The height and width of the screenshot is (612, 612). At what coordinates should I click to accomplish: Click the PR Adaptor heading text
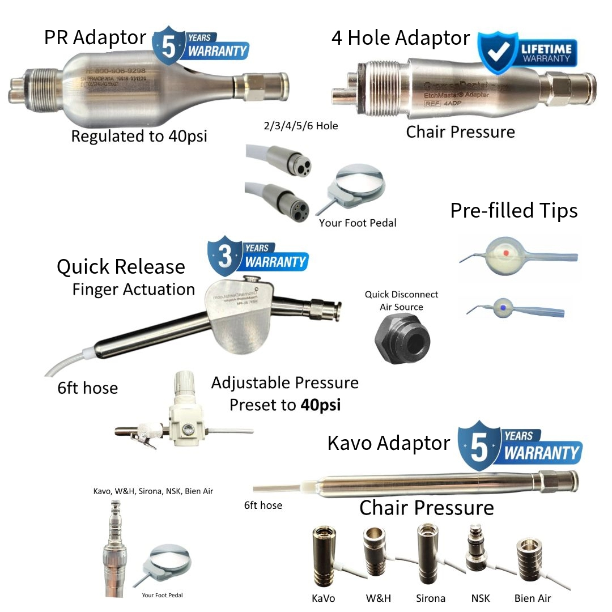95,38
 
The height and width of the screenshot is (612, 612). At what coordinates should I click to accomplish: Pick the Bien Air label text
532,598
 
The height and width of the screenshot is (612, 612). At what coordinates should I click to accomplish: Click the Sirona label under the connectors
430,598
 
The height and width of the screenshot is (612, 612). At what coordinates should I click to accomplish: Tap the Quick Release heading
121,267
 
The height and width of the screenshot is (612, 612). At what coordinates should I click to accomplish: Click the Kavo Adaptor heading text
389,443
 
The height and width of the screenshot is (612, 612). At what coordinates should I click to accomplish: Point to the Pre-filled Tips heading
513,210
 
